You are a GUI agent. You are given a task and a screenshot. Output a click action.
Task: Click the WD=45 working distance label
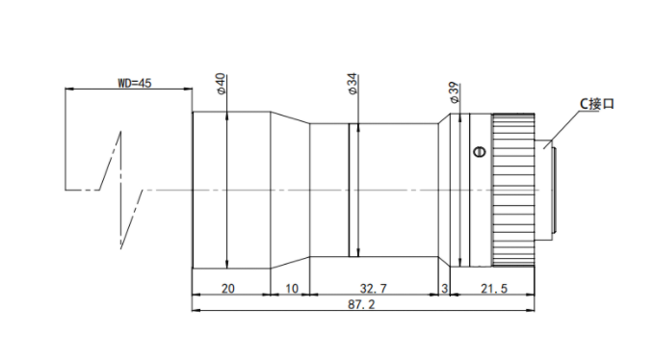(x=135, y=83)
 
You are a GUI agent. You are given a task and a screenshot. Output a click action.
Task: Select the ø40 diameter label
(x=221, y=83)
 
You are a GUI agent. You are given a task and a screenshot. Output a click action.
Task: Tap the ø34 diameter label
(x=353, y=84)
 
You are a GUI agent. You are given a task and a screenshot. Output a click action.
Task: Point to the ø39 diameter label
(x=454, y=92)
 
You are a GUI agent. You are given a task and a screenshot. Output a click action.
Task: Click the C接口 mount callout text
(x=597, y=104)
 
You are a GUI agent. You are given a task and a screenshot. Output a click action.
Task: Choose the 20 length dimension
(x=228, y=288)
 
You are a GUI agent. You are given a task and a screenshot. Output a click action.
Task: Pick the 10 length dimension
(x=292, y=288)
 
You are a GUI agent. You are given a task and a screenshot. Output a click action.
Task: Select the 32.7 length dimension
(x=373, y=288)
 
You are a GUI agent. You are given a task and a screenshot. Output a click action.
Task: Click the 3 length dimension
(x=444, y=288)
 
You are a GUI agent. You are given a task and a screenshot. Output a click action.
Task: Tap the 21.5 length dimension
(x=494, y=288)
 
